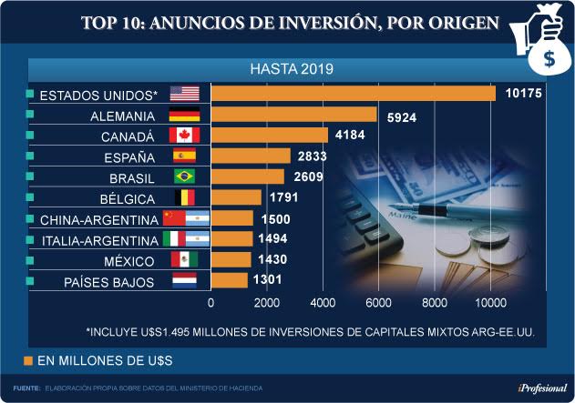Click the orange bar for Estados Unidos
pos(354,94)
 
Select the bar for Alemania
pos(294,115)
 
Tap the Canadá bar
pos(270,136)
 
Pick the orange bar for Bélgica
pos(236,197)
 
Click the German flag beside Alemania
pos(185,115)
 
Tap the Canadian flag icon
pos(185,136)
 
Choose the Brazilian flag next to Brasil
pos(185,176)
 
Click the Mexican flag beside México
pos(185,260)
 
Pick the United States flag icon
pos(185,94)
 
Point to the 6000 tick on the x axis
pos(379,302)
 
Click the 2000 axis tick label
pos(267,302)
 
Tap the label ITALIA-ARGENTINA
pos(99,240)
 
